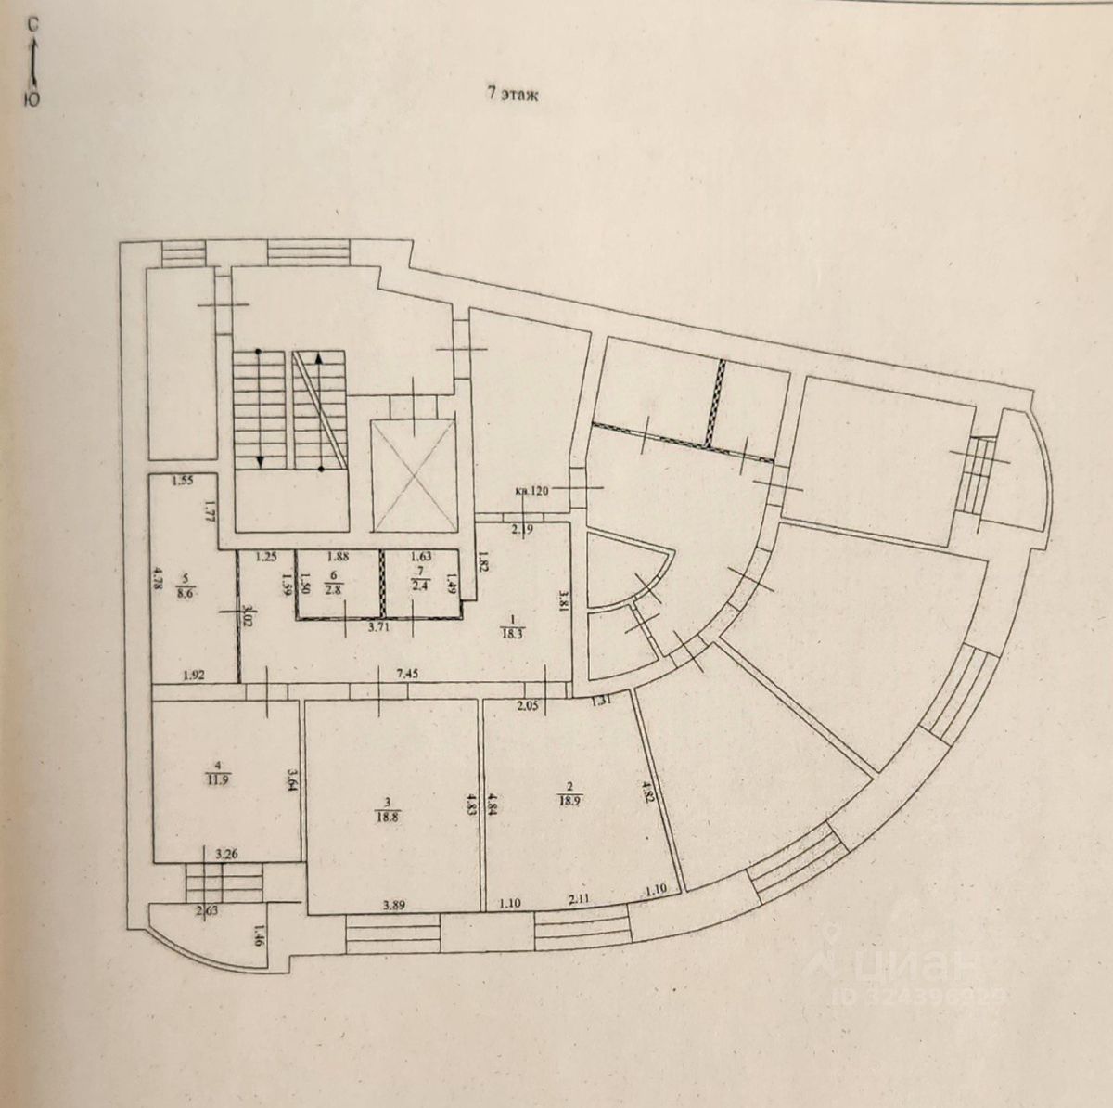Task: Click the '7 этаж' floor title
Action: tap(513, 94)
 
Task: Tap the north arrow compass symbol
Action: tap(32, 60)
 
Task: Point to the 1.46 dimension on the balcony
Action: tap(260, 940)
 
